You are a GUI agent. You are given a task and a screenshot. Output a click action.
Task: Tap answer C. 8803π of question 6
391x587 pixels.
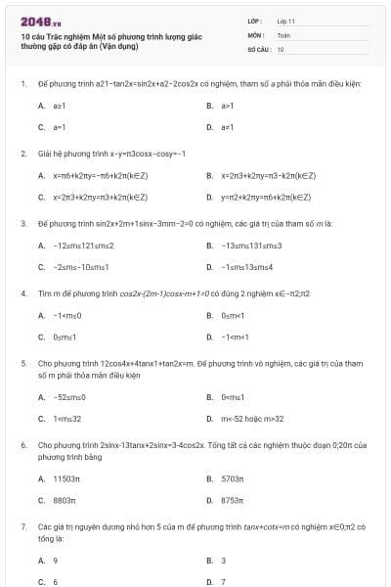[x=62, y=500]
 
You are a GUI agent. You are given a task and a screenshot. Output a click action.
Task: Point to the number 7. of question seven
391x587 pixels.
[x=23, y=526]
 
